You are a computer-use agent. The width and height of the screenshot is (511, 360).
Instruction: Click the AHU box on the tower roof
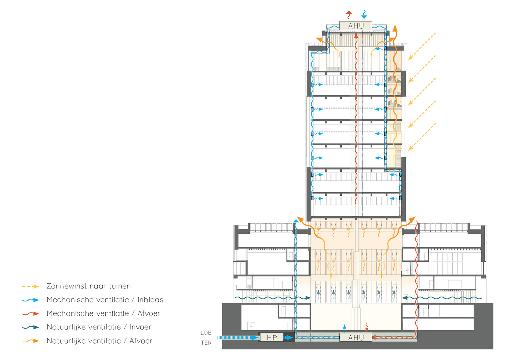tap(356, 26)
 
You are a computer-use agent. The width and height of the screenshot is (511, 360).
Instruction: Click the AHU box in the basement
tap(356, 337)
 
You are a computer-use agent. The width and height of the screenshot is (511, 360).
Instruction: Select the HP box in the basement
tap(272, 337)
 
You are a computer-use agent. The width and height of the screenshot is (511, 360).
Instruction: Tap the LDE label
tap(206, 333)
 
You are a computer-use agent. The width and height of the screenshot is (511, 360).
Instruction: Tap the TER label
tap(206, 343)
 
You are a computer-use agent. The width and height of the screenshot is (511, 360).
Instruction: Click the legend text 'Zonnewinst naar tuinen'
tap(89, 286)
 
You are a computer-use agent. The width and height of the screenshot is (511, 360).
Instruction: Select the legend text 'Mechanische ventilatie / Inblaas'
tap(105, 300)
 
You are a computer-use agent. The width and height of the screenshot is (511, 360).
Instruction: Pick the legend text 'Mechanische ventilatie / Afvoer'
tap(103, 314)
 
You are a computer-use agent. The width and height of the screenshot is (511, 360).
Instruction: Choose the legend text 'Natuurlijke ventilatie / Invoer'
tap(99, 327)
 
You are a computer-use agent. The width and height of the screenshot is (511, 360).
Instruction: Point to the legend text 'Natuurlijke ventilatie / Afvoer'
tap(99, 341)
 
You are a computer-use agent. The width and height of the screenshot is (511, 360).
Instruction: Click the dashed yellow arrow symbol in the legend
tap(31, 287)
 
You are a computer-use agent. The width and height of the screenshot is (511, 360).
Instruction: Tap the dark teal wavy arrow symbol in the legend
tap(31, 328)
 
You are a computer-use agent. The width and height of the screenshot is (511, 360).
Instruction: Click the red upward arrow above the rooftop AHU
tap(349, 14)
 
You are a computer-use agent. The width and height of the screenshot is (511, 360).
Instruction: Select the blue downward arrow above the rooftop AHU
tap(364, 14)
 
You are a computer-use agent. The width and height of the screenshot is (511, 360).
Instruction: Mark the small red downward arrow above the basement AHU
tap(367, 328)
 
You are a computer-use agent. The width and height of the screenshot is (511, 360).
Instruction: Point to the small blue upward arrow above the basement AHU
tap(344, 328)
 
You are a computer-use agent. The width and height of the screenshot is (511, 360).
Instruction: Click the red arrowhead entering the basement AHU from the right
tap(375, 337)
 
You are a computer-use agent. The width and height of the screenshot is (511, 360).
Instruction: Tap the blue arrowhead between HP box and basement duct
tap(289, 337)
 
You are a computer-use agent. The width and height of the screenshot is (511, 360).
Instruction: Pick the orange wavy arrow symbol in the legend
tap(31, 341)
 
